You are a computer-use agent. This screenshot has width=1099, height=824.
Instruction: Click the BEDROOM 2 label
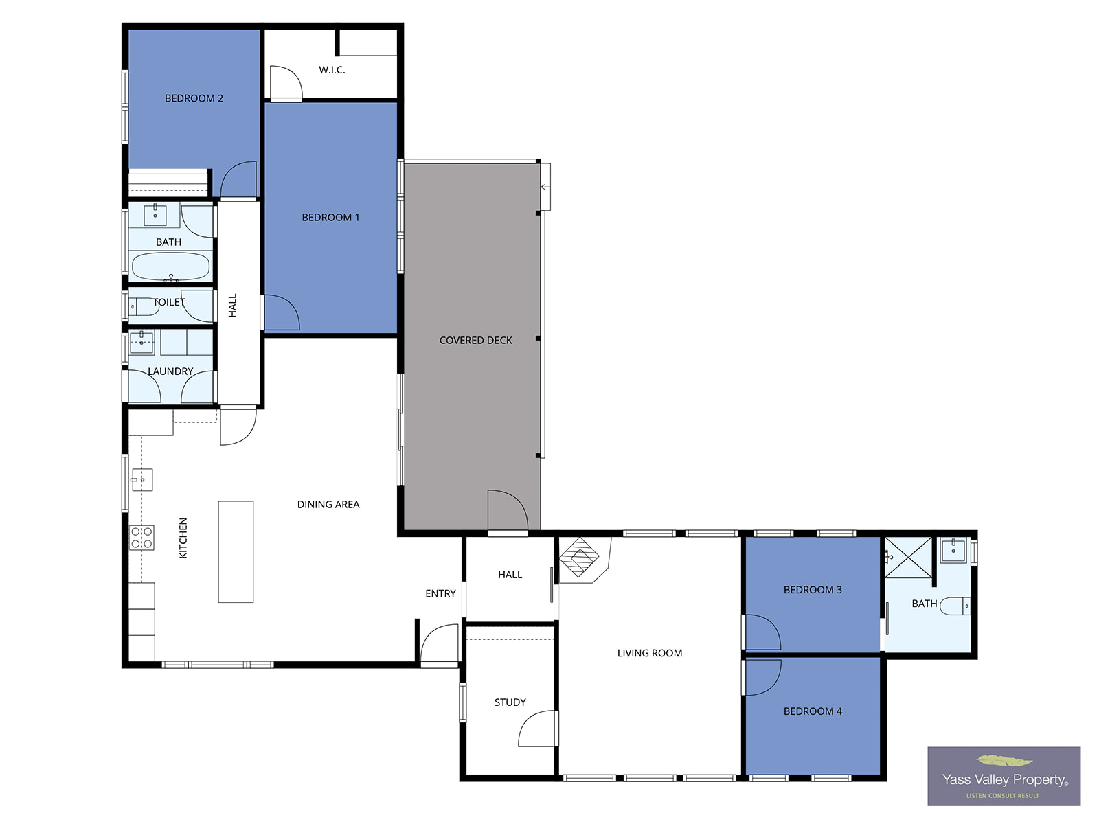(x=194, y=98)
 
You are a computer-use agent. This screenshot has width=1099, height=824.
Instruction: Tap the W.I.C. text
(x=332, y=70)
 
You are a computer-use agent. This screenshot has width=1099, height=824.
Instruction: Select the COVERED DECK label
(x=475, y=340)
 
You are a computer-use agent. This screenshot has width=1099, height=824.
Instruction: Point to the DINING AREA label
(x=328, y=504)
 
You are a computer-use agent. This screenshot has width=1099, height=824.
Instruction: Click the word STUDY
(x=510, y=702)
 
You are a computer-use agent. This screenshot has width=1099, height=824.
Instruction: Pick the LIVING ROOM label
(x=649, y=653)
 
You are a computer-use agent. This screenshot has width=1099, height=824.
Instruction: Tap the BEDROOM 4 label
(x=813, y=711)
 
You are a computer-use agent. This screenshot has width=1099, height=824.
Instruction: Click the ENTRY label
(x=440, y=593)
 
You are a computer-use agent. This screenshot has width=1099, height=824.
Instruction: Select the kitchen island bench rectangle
(x=236, y=551)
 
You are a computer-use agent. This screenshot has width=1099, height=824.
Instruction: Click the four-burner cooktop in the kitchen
(x=141, y=538)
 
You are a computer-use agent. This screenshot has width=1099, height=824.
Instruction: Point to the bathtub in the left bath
(x=170, y=266)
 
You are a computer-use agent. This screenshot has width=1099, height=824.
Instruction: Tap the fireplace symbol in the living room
(x=579, y=557)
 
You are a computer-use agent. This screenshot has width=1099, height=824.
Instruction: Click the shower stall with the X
(x=908, y=558)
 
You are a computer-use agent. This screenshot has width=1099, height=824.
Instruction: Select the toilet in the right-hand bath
(x=955, y=606)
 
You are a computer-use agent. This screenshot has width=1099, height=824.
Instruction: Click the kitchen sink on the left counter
(x=142, y=480)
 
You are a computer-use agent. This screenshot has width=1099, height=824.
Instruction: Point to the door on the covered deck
(x=508, y=510)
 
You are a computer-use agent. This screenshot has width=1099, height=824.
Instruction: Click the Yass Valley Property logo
(x=1004, y=776)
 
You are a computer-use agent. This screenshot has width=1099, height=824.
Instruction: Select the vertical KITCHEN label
(x=183, y=538)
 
